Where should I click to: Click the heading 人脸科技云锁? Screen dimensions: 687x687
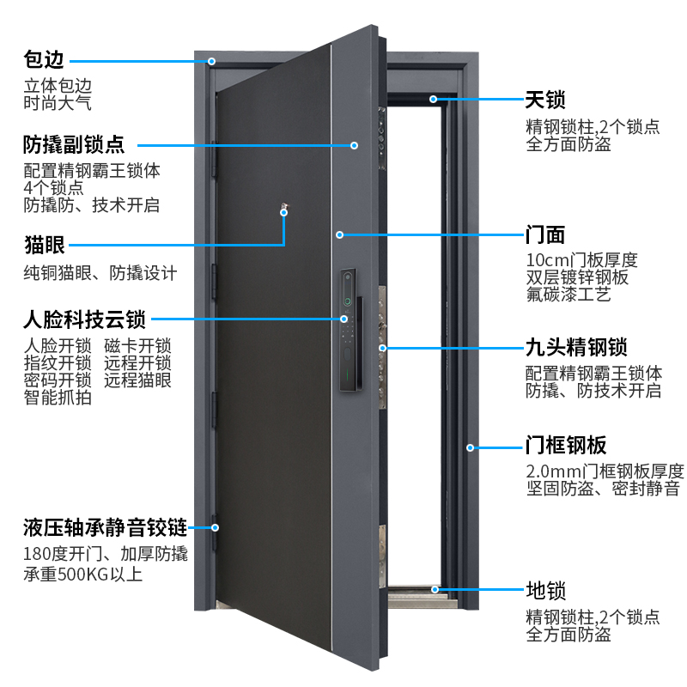84,320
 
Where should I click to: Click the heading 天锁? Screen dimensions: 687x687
546,100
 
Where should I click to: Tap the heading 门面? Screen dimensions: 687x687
546,234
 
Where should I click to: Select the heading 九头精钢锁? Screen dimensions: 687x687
576,348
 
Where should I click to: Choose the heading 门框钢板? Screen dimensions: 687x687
566,446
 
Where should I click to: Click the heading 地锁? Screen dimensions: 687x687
546,590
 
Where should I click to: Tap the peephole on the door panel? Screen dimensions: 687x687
284,207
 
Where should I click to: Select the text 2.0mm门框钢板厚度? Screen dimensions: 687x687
605,471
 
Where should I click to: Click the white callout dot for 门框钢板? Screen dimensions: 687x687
471,447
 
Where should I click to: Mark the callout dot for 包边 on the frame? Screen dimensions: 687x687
211,62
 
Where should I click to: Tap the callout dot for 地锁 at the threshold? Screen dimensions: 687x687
436,590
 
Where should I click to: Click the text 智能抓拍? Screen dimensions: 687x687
58,398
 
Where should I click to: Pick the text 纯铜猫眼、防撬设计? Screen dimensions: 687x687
100,274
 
